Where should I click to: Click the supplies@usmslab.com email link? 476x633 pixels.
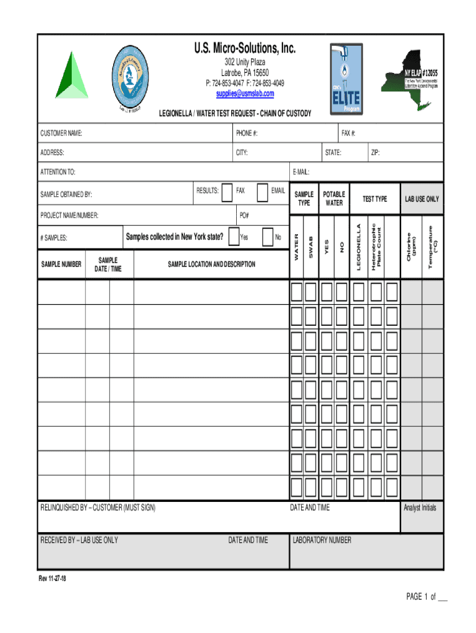click(x=245, y=93)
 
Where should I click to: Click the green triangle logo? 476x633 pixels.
click(x=72, y=77)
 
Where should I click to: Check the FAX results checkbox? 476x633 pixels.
click(x=227, y=192)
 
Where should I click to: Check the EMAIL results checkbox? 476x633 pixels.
click(x=261, y=192)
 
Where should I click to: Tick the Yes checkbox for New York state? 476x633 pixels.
click(x=234, y=237)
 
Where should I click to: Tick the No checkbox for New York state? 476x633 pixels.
click(x=268, y=237)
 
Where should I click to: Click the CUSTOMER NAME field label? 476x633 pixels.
click(x=61, y=134)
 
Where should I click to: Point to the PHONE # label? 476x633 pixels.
click(x=247, y=134)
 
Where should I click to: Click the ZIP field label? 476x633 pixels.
click(x=375, y=152)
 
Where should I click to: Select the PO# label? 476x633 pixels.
click(x=244, y=215)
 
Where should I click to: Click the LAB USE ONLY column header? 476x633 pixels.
click(x=422, y=199)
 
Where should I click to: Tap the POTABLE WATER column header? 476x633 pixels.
click(x=334, y=198)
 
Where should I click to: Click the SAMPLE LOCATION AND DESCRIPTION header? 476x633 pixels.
click(x=211, y=265)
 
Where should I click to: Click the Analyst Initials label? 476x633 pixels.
click(x=420, y=508)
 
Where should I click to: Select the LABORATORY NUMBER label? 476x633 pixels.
click(x=322, y=540)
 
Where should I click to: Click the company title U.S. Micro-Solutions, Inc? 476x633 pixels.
click(x=245, y=48)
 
